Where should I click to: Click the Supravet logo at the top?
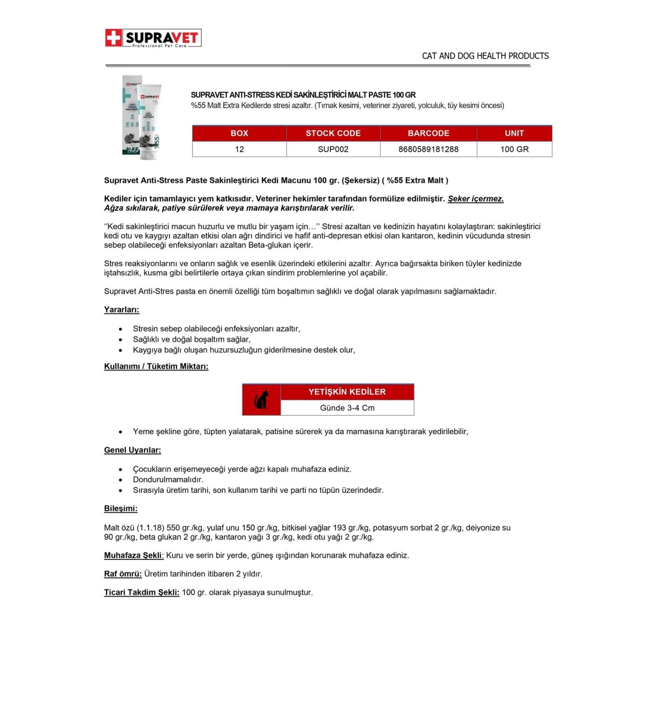153,38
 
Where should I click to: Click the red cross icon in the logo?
113,38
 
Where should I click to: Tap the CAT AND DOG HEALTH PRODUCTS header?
485,56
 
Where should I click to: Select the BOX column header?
239,133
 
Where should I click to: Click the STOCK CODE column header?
333,133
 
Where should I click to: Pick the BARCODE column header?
428,133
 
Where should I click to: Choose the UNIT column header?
514,133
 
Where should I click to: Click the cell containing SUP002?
333,149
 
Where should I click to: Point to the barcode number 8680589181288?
428,149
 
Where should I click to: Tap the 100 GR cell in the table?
514,149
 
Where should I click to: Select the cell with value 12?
239,149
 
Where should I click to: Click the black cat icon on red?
261,400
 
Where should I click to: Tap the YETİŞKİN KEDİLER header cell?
347,392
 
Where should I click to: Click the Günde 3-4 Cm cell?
347,408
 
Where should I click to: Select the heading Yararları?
122,310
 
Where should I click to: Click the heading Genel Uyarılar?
133,450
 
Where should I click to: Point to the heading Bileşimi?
121,508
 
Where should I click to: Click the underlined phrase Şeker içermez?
476,199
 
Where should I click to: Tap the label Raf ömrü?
123,574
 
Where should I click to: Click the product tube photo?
142,117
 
